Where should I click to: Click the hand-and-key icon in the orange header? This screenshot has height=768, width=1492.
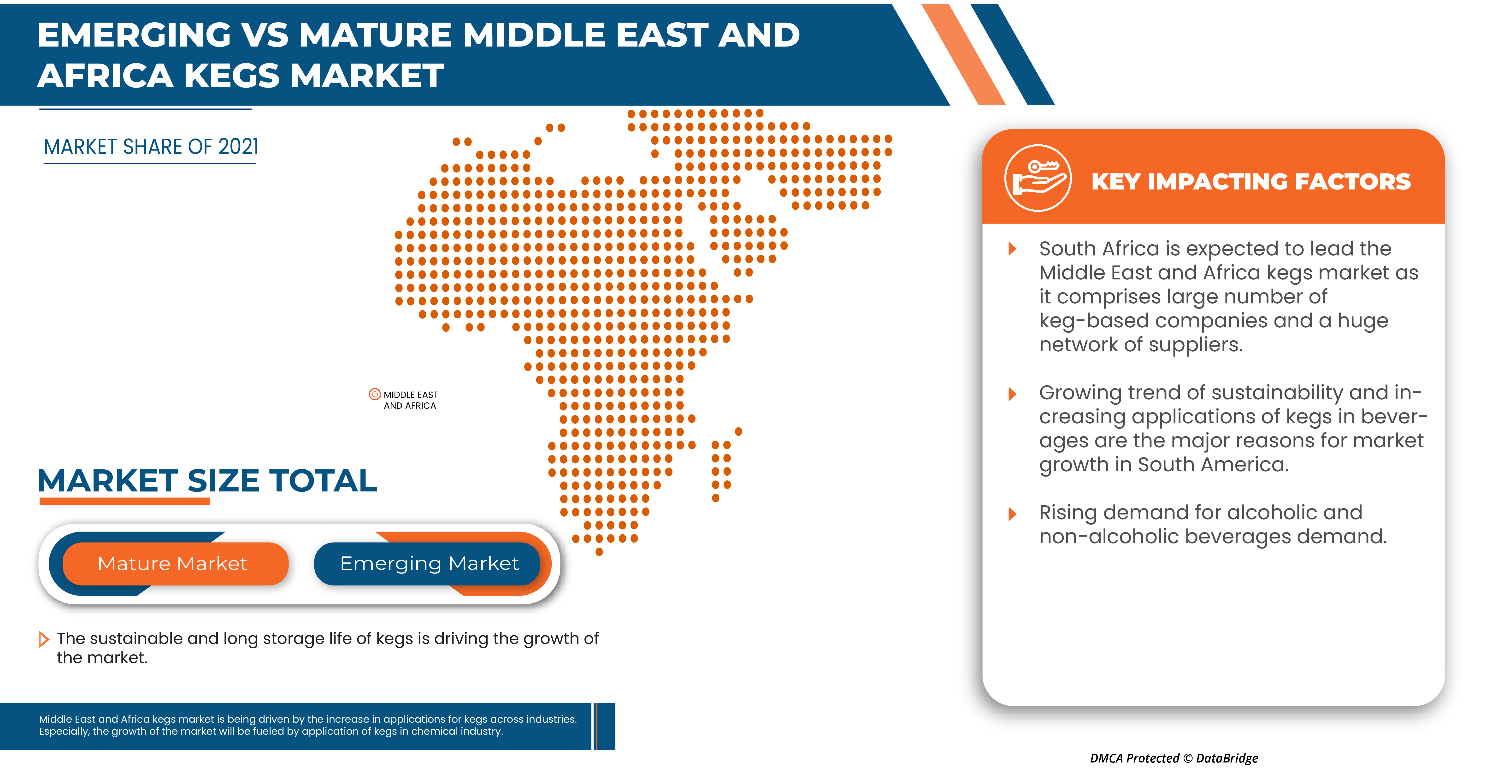coord(1038,178)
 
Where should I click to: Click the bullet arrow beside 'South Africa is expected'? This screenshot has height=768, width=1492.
coord(1012,249)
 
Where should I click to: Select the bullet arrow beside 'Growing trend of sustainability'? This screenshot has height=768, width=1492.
coord(1012,394)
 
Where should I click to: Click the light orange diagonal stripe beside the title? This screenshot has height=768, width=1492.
coord(963,55)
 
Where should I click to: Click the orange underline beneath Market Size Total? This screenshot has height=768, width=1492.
coord(124,501)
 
